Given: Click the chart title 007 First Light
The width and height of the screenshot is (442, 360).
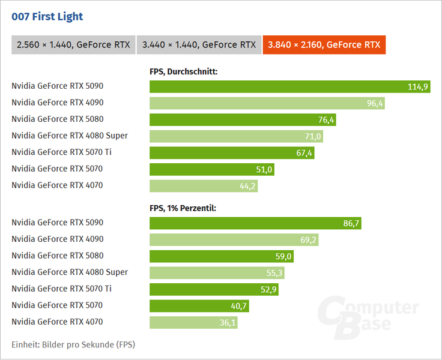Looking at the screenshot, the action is point(47,17).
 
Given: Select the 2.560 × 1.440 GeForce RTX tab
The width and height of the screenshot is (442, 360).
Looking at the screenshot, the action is point(73,45).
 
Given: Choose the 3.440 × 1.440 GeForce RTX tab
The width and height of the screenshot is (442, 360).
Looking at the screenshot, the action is point(199,45).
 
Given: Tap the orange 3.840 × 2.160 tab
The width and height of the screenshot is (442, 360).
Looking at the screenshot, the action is point(324,45).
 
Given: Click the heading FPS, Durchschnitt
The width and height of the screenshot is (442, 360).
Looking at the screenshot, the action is point(184,71).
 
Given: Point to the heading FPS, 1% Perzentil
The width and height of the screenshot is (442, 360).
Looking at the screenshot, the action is point(183,208).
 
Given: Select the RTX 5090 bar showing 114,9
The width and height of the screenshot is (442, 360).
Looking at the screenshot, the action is point(290,86).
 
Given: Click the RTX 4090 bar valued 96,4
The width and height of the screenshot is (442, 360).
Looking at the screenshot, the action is point(267,103).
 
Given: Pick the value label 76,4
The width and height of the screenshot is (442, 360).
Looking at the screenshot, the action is point(326,120).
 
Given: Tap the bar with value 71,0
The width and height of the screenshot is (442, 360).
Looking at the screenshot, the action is point(236,136).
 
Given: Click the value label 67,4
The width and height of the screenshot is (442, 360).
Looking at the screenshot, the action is point(304,153).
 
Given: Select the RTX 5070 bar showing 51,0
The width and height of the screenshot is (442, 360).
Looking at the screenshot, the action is point(212,169).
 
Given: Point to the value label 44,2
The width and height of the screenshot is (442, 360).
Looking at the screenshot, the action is point(247,186).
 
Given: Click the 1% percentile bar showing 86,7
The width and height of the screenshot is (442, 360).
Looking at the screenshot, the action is point(255,223).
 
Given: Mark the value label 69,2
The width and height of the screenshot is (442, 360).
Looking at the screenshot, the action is point(309,240).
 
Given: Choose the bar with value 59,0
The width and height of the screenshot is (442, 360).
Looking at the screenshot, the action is point(222,256).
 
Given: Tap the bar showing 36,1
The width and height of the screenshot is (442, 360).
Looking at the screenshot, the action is point(193,323).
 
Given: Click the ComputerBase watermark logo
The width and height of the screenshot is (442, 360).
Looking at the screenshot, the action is point(368,317).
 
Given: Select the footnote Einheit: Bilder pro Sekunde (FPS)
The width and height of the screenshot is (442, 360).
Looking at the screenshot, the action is point(73,344).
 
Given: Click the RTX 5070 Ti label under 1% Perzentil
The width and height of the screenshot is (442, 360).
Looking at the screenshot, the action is point(61,289).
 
